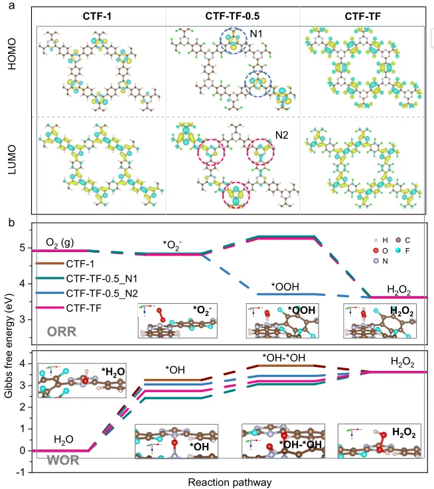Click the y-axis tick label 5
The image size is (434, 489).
[x=23, y=250]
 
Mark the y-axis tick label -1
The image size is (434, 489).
[x=22, y=472]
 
